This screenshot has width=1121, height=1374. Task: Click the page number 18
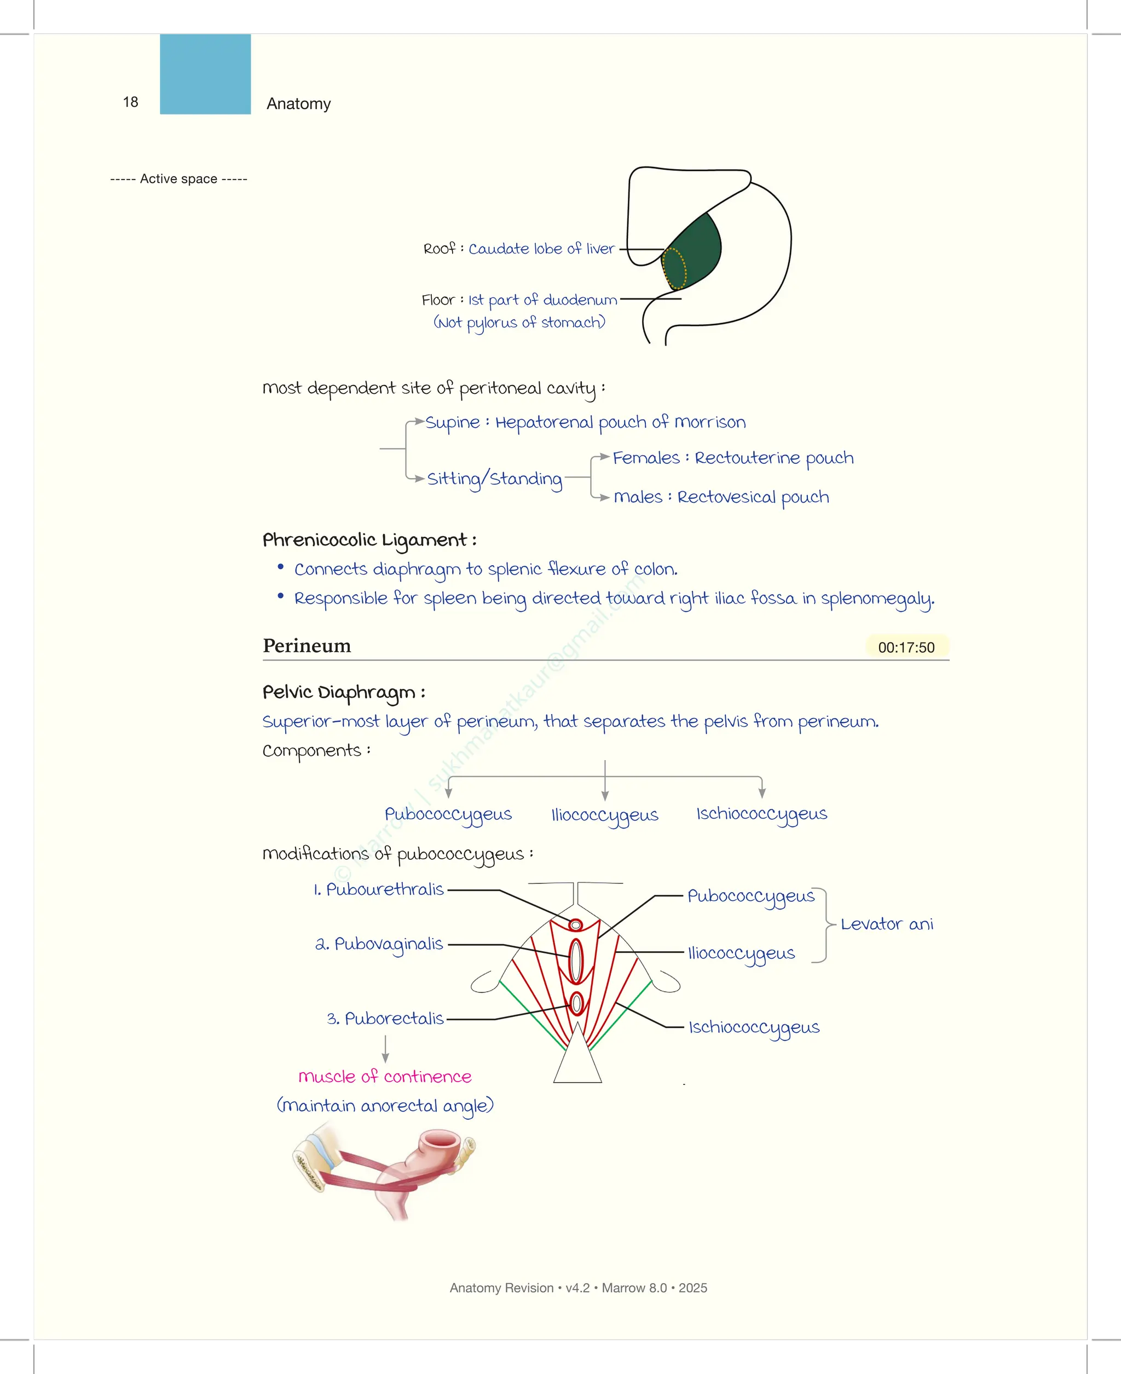[130, 102]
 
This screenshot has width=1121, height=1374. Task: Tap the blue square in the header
[205, 74]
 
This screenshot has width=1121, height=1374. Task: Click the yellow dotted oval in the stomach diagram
[675, 268]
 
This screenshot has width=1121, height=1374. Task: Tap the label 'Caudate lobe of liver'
[541, 249]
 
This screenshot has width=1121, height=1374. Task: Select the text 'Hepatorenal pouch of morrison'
[620, 422]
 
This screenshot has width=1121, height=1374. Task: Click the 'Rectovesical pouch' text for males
[753, 497]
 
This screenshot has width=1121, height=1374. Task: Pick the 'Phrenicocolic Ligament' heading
[369, 540]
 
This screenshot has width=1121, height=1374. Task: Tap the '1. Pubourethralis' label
[379, 889]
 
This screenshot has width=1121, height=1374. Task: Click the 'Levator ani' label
[887, 924]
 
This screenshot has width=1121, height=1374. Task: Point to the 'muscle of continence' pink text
[385, 1077]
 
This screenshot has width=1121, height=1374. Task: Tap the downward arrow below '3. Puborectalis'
[385, 1049]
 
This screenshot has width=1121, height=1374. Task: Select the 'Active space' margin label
[179, 179]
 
